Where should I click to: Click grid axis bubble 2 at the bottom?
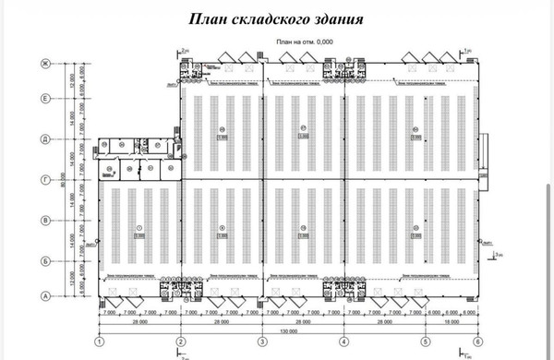(x=182, y=342)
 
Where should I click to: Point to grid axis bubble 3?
(x=265, y=342)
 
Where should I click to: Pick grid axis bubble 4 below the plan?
(x=345, y=342)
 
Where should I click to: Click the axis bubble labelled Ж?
(x=43, y=63)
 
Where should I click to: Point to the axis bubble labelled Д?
(x=43, y=138)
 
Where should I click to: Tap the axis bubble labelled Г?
(x=43, y=179)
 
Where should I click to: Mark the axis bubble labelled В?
(x=43, y=221)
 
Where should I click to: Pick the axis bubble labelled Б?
(x=43, y=261)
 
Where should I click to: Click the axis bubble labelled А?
(x=43, y=296)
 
